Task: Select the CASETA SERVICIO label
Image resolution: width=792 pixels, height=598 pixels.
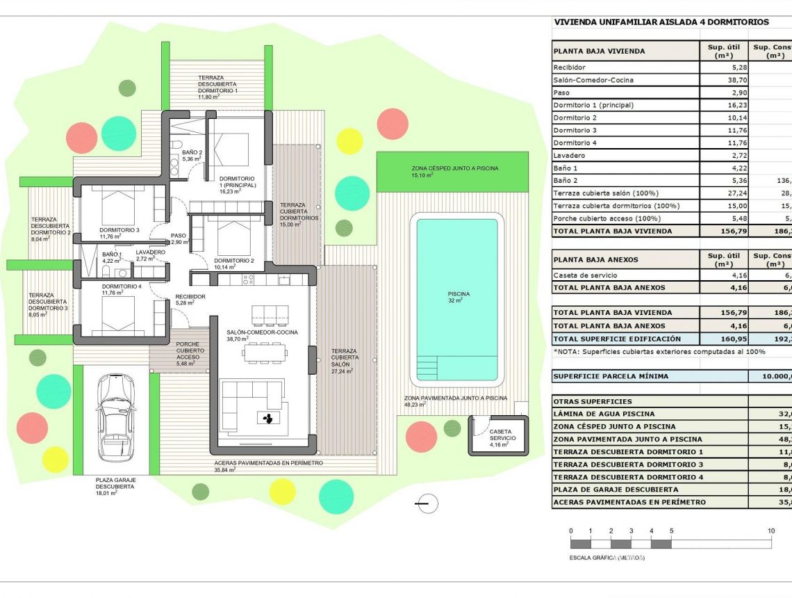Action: (502, 435)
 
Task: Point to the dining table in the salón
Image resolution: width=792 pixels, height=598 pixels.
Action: (264, 354)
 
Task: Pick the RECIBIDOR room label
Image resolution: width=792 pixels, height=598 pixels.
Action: (190, 300)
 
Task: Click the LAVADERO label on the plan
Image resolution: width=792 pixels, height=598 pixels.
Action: (150, 255)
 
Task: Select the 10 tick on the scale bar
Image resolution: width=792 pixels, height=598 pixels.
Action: (771, 531)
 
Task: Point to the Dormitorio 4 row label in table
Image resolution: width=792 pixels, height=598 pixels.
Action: (575, 143)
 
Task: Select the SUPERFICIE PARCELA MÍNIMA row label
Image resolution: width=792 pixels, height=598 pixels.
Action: (611, 377)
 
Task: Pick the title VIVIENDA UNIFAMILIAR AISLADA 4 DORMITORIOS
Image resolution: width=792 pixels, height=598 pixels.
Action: (661, 22)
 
